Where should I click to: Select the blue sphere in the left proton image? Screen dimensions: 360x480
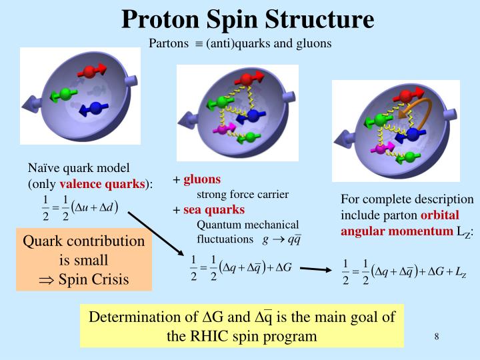pyautogui.click(x=94, y=108)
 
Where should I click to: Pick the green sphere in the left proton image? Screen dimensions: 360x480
pyautogui.click(x=65, y=91)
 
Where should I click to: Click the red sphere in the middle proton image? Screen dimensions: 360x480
pyautogui.click(x=246, y=79)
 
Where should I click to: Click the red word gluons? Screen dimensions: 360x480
pyautogui.click(x=202, y=180)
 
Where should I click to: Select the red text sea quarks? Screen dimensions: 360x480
pyautogui.click(x=214, y=210)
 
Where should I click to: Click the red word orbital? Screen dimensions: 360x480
pyautogui.click(x=440, y=215)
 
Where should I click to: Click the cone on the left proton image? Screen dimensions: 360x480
pyautogui.click(x=32, y=104)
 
